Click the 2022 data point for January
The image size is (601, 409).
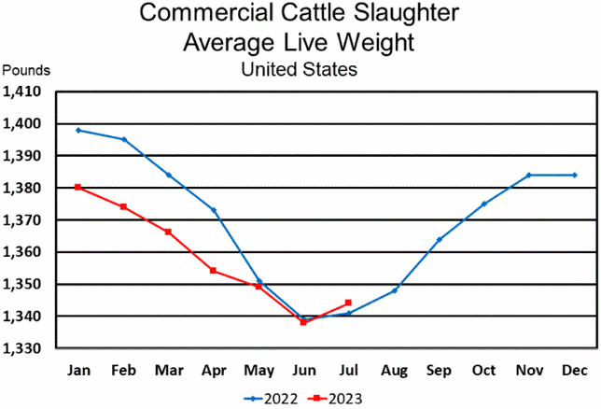78,130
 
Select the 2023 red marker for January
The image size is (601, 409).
78,187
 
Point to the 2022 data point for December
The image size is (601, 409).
575,175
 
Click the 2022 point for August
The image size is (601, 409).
394,290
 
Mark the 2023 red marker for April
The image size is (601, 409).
214,271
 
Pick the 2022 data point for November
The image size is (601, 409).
529,175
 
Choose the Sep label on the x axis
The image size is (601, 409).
439,370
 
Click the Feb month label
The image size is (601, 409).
123,370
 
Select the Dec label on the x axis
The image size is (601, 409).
575,370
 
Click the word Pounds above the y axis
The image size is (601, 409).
27,70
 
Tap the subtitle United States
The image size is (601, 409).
299,68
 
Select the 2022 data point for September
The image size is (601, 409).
439,239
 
